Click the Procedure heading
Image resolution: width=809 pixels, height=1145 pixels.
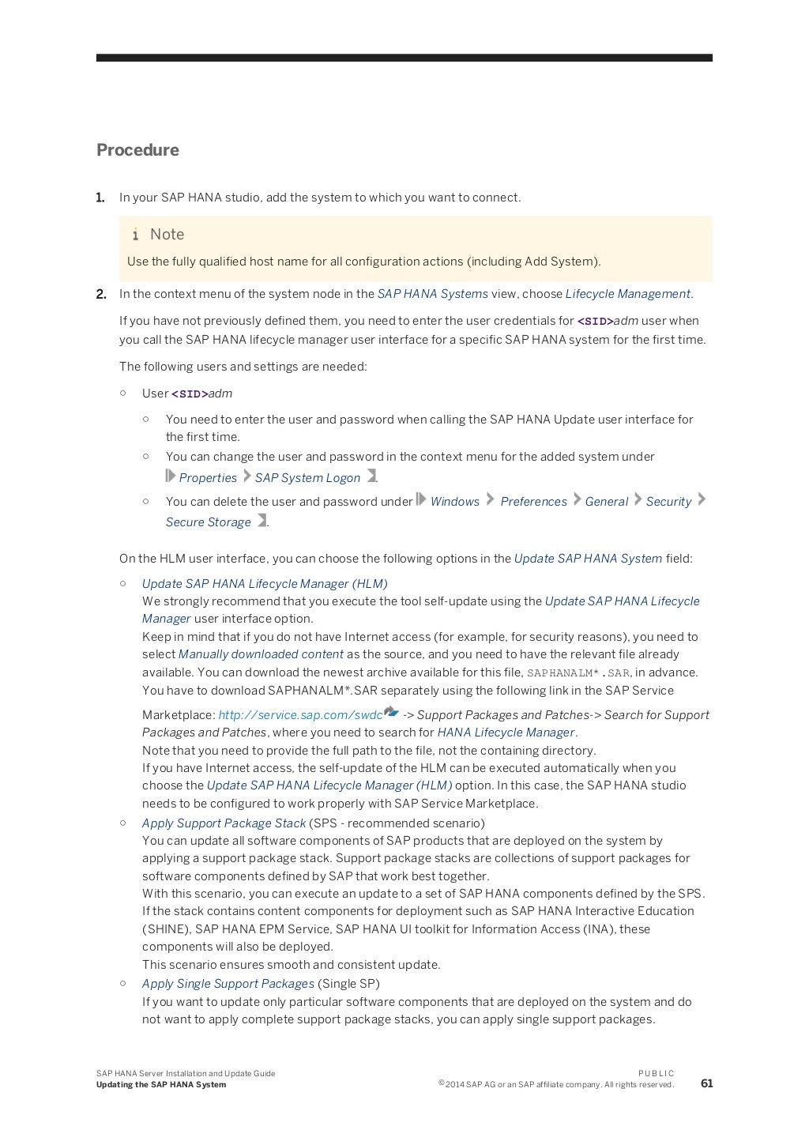click(x=137, y=150)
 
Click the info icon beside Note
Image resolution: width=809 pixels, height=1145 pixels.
click(x=136, y=234)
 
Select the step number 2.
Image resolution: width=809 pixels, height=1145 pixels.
click(x=101, y=294)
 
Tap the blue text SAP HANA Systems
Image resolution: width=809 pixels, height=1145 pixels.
click(x=432, y=294)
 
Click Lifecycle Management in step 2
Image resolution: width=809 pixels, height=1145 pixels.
click(x=628, y=294)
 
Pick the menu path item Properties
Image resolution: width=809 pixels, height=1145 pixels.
click(x=208, y=478)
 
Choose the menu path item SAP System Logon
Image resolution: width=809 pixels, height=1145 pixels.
click(x=307, y=478)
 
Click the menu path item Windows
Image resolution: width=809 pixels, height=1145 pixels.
click(x=454, y=502)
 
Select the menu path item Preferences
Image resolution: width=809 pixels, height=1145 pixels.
click(x=533, y=502)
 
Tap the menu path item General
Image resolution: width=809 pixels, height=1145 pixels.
click(x=606, y=502)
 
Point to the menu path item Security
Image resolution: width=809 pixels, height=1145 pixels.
click(x=668, y=502)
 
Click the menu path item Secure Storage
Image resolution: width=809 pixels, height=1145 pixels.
click(x=208, y=522)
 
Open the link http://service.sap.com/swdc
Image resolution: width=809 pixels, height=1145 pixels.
click(x=300, y=715)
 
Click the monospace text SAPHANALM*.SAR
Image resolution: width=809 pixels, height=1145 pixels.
click(x=578, y=673)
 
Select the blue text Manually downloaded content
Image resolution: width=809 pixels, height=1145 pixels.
click(x=261, y=654)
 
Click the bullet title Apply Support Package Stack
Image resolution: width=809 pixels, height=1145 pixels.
click(x=224, y=823)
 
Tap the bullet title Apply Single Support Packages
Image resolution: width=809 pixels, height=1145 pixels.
click(x=228, y=984)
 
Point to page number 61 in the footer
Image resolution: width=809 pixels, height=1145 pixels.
click(x=706, y=1083)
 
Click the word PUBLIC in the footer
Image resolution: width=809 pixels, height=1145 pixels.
click(x=656, y=1073)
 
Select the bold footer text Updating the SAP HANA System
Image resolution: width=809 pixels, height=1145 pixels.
click(x=161, y=1085)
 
